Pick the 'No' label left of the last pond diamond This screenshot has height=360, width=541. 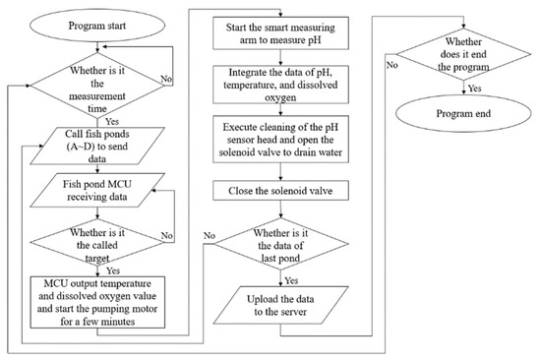[x=210, y=236]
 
